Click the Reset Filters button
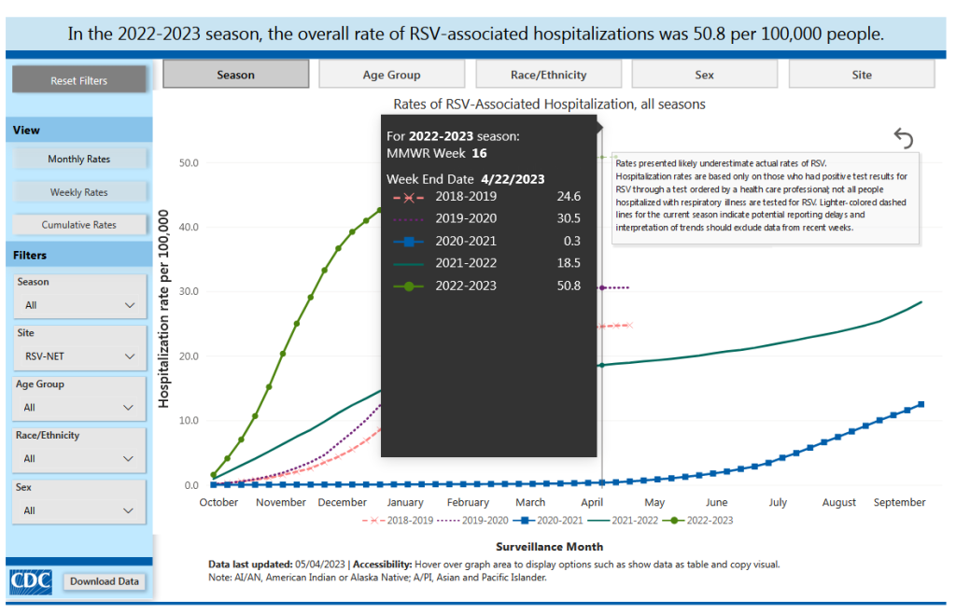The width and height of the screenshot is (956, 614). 79,80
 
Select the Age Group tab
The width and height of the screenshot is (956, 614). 391,75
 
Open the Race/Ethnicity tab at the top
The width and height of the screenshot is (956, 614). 548,75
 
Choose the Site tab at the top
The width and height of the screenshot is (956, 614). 861,75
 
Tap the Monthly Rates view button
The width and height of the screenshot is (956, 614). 79,159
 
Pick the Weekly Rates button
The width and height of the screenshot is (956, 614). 79,192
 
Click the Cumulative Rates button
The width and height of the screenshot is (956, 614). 79,225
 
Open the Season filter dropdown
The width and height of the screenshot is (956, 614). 79,305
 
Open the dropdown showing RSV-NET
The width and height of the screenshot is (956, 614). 79,356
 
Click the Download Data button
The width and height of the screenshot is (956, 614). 105,581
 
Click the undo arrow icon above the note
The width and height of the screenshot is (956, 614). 903,138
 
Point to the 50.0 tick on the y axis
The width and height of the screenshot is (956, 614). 189,163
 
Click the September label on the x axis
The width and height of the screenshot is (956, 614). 899,502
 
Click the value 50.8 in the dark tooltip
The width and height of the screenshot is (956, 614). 569,286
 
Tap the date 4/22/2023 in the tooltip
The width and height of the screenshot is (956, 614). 513,178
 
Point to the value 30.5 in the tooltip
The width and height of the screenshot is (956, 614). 569,218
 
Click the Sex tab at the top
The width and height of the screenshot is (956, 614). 704,75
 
